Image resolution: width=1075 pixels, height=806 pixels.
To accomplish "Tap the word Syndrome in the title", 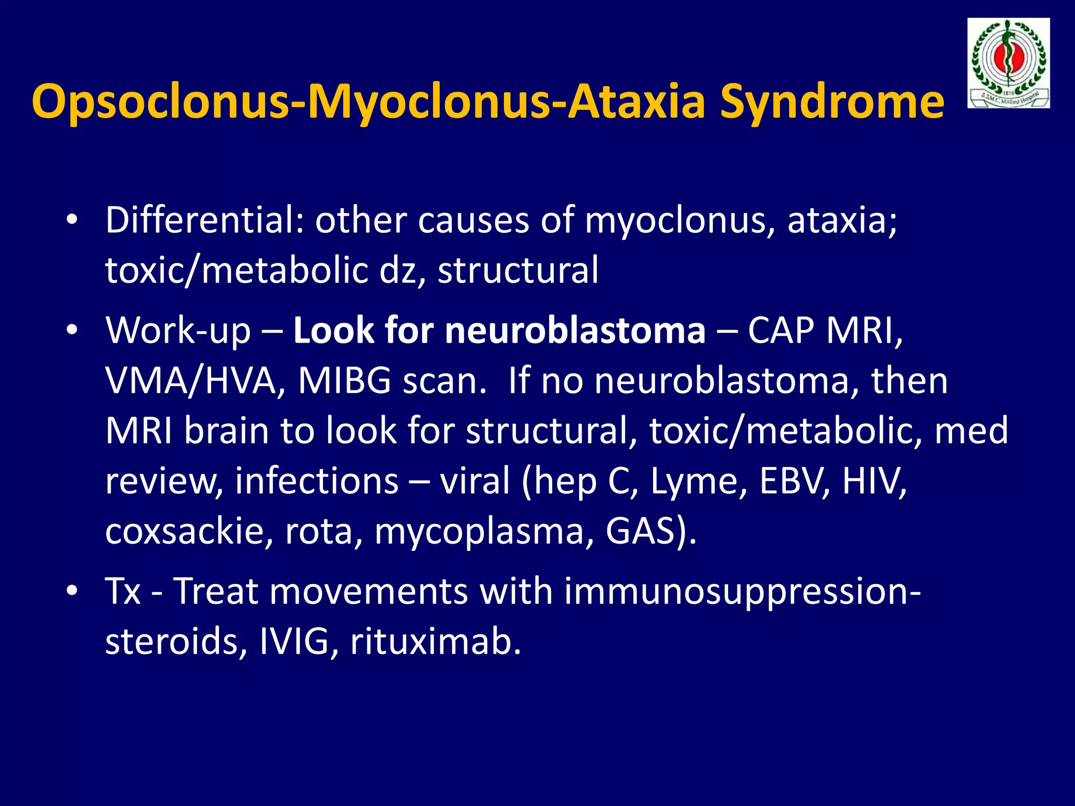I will click(831, 102).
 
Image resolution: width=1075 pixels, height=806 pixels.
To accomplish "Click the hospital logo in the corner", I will click(1008, 63).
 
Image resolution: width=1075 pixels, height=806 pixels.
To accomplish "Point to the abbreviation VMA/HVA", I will click(190, 381).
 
